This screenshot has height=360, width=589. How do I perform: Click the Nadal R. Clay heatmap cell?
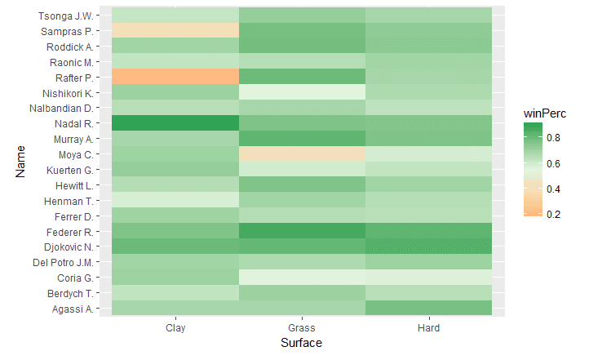click(175, 123)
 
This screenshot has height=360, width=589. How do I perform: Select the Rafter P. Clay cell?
click(175, 77)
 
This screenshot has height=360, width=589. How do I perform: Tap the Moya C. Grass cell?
click(302, 154)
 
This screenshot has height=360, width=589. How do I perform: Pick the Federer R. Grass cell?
click(302, 231)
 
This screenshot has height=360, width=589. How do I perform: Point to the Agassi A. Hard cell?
click(428, 308)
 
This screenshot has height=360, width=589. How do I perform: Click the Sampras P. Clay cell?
click(175, 31)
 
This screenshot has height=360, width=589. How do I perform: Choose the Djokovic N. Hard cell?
click(428, 247)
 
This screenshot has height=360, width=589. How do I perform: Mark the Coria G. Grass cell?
click(302, 278)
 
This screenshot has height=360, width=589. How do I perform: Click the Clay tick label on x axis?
click(175, 328)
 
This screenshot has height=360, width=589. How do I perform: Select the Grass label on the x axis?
click(302, 328)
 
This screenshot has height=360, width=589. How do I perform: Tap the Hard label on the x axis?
click(428, 328)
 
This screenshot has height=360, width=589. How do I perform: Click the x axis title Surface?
click(302, 344)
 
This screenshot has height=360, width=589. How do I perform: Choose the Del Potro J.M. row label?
click(65, 262)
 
